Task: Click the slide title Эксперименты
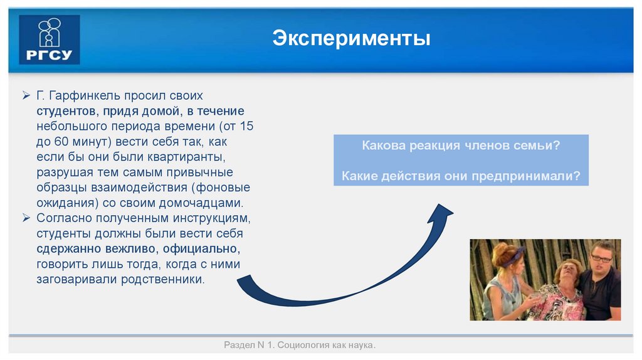351,39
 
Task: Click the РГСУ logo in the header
50,40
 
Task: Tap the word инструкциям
211,218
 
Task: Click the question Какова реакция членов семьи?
461,146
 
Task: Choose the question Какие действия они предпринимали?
461,176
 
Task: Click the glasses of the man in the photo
600,258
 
